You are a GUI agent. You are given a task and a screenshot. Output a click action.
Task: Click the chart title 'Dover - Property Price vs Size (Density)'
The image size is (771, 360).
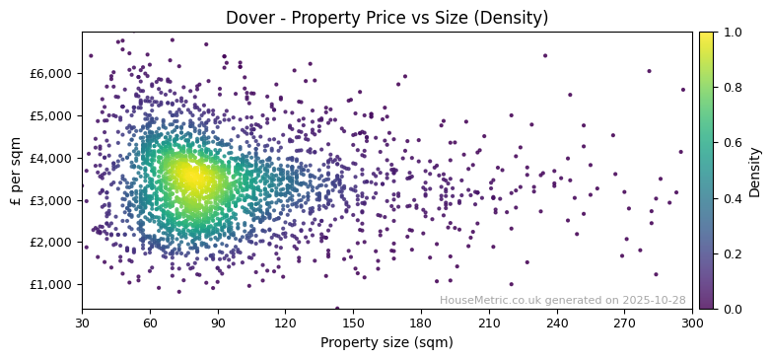coord(386,18)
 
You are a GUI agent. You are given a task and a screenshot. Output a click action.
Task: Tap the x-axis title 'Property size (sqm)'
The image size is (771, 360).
coord(386,343)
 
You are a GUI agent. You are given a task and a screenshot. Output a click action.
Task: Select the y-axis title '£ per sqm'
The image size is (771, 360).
coord(17,171)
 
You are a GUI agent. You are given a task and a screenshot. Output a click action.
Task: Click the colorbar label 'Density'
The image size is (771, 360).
coord(755,171)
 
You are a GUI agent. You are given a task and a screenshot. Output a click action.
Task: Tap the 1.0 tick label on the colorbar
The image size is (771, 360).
coord(732,32)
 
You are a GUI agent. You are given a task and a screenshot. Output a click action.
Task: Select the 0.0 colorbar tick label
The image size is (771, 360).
coord(732,309)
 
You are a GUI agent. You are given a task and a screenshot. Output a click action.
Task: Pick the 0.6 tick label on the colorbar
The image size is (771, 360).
coord(732,143)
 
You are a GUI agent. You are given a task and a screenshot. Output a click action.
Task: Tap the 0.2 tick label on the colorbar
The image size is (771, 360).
coord(732,253)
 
